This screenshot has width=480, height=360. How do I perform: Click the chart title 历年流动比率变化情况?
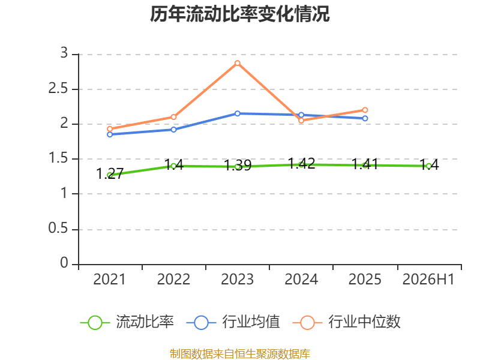(x=239, y=14)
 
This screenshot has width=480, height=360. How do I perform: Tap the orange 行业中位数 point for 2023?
(x=237, y=63)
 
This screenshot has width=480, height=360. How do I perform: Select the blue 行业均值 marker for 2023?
(x=237, y=113)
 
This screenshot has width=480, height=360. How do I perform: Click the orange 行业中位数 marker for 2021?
(x=110, y=129)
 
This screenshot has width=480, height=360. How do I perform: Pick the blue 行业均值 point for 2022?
(x=173, y=130)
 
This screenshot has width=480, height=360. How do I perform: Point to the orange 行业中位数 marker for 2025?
(x=365, y=110)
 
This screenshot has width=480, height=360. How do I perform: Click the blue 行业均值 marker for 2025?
(x=365, y=118)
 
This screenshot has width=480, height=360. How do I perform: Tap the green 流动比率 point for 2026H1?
(x=428, y=166)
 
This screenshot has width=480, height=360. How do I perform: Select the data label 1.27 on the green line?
(x=110, y=173)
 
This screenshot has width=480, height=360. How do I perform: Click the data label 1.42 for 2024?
(x=301, y=163)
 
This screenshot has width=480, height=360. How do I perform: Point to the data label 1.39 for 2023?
(x=238, y=166)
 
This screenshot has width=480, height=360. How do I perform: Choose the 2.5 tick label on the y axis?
(x=58, y=88)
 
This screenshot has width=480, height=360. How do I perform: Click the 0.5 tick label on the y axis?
(x=58, y=228)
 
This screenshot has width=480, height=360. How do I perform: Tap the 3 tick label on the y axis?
(x=64, y=53)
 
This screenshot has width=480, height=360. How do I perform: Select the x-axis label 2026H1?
(x=428, y=279)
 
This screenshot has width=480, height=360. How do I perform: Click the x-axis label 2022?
(x=173, y=279)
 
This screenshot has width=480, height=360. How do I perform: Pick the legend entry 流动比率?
(x=127, y=322)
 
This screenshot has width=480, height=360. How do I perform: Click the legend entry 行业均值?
(x=233, y=322)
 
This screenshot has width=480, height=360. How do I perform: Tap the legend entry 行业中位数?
(x=346, y=322)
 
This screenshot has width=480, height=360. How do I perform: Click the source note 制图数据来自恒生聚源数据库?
(x=239, y=353)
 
